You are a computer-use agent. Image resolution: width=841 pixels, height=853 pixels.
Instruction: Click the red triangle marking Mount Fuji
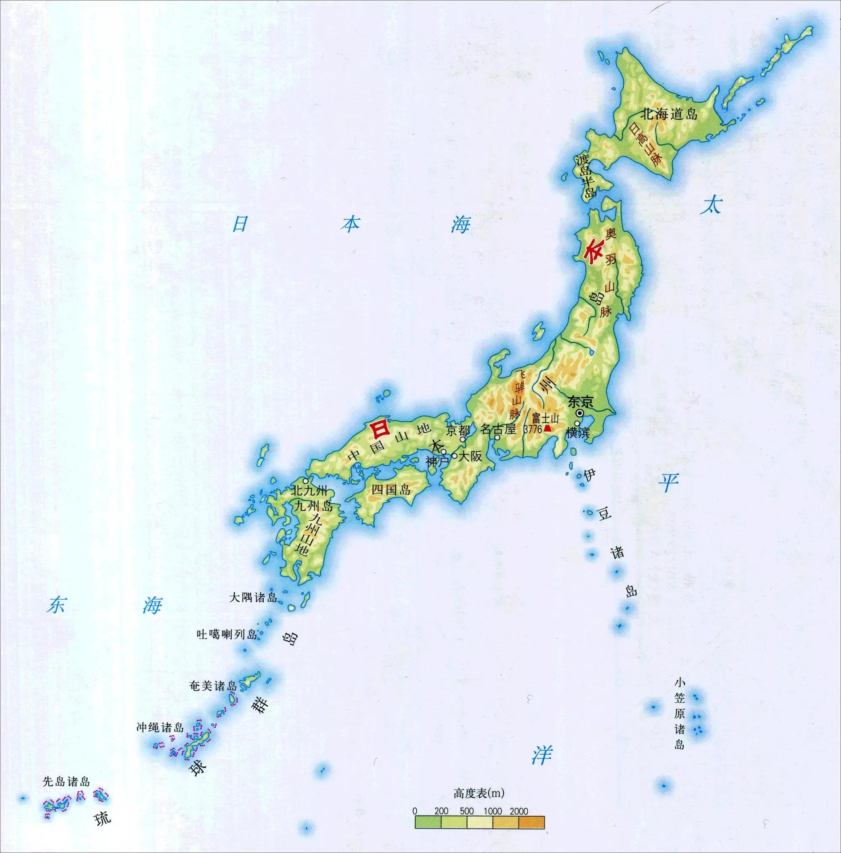pyautogui.click(x=547, y=428)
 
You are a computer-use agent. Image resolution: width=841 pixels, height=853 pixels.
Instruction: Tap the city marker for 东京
pyautogui.click(x=579, y=412)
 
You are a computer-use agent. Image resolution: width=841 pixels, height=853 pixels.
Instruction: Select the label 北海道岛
pyautogui.click(x=670, y=114)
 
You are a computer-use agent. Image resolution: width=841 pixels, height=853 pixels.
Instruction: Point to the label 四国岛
pyautogui.click(x=391, y=489)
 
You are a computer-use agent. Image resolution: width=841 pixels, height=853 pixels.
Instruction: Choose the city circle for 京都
pyautogui.click(x=463, y=439)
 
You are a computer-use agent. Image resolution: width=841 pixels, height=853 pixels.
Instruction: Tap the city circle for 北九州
pyautogui.click(x=306, y=481)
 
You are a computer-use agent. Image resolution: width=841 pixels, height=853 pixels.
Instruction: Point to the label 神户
pyautogui.click(x=437, y=462)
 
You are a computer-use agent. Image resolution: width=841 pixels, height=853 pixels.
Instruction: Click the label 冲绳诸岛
pyautogui.click(x=160, y=727)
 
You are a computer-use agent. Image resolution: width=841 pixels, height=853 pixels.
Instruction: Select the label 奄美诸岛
pyautogui.click(x=213, y=686)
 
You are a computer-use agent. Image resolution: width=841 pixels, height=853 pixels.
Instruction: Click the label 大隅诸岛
pyautogui.click(x=253, y=598)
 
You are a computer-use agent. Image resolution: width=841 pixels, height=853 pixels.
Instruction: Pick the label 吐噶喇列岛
pyautogui.click(x=227, y=635)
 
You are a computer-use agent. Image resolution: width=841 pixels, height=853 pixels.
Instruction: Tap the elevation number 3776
pyautogui.click(x=532, y=429)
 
